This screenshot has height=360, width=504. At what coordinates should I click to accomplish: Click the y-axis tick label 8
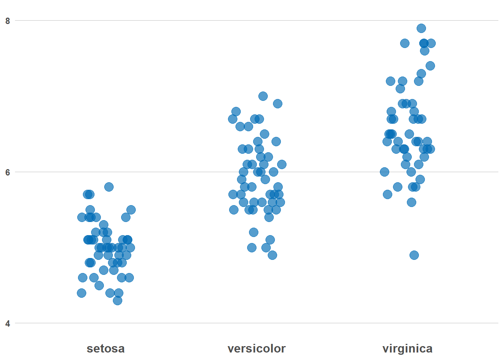(x=7, y=21)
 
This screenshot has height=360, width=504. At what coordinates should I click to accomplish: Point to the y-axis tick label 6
(x=7, y=172)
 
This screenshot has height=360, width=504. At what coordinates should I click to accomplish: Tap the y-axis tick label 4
(x=7, y=324)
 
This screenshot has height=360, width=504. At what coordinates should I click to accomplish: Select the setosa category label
(x=105, y=348)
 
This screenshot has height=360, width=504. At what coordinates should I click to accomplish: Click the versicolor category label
(x=256, y=348)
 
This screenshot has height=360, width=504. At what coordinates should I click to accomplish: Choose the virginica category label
(x=407, y=348)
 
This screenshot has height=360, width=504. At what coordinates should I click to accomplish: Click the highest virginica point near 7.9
(x=421, y=28)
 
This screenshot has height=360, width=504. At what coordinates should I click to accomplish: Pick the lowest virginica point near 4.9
(x=414, y=255)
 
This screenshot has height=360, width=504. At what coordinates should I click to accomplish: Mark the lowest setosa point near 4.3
(x=117, y=300)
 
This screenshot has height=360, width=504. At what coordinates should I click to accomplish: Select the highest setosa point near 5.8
(x=109, y=187)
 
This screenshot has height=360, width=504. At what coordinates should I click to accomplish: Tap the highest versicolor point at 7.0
(x=263, y=96)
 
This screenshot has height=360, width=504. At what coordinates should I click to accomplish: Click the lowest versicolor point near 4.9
(x=272, y=255)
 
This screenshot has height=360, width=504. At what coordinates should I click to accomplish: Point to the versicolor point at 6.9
(x=277, y=103)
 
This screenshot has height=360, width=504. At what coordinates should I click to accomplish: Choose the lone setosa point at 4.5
(x=99, y=285)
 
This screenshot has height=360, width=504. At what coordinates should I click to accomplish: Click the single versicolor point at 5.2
(x=253, y=232)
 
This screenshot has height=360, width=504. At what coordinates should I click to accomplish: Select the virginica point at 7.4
(x=430, y=66)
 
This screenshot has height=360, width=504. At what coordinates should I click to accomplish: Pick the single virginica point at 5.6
(x=411, y=202)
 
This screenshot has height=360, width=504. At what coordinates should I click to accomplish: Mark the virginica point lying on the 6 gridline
(x=384, y=172)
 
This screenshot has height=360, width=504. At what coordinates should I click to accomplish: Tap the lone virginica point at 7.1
(x=400, y=88)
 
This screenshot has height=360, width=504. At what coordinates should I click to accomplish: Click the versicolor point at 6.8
(x=236, y=111)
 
